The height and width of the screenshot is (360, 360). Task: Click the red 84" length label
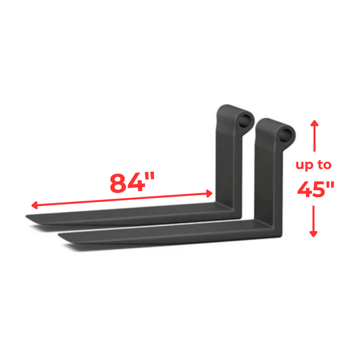point(132,182)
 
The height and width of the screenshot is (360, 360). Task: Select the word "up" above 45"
point(305,164)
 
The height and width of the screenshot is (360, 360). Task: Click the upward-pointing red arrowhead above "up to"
point(313,124)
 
